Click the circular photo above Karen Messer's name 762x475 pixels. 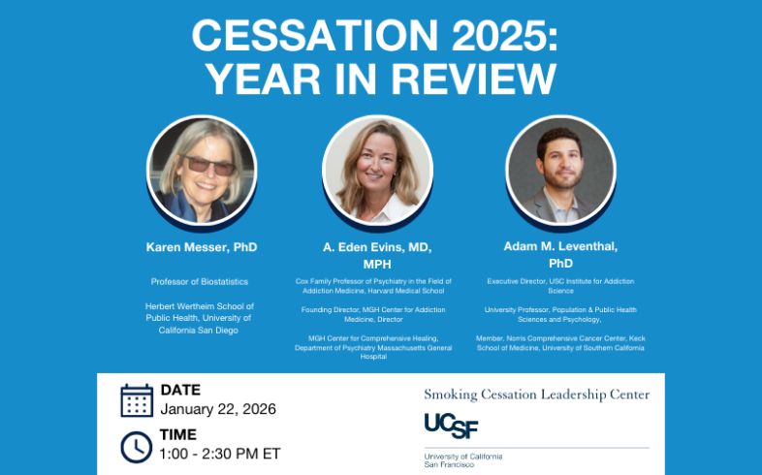tap(202, 171)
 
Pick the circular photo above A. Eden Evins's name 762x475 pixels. tap(377, 171)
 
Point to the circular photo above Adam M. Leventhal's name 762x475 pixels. tap(560, 171)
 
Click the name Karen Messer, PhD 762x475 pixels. tap(202, 247)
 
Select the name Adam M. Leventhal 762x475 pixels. tap(560, 247)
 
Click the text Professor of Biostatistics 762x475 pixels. tap(200, 281)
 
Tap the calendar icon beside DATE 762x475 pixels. tap(137, 400)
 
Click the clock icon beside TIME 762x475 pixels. tap(137, 446)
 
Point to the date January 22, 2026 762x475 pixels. tap(218, 409)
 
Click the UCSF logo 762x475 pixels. tap(452, 426)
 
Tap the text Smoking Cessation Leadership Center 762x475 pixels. tap(537, 395)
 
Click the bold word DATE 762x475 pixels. tap(180, 390)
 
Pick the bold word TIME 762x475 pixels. tap(178, 434)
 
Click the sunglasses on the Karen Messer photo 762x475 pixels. tap(207, 164)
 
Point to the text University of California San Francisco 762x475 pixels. tap(462, 459)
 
